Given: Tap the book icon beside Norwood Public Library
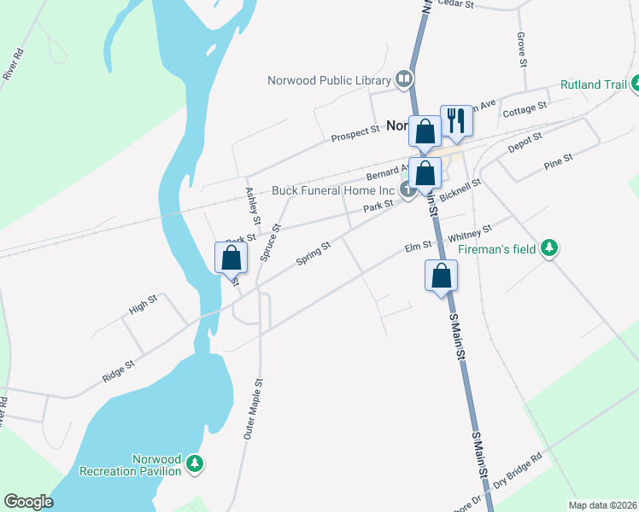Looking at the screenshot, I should (x=404, y=80).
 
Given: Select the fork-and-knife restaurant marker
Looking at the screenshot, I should (x=456, y=120).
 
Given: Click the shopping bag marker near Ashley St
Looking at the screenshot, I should (x=231, y=257).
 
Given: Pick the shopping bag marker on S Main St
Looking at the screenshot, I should (x=441, y=276).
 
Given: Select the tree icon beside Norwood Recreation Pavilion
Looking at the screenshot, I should (x=196, y=464).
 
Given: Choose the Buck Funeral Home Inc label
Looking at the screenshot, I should (x=333, y=190).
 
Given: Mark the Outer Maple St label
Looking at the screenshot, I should (x=256, y=409).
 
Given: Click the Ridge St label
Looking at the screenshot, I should (x=118, y=369).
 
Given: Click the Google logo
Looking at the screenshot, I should (x=29, y=502).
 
